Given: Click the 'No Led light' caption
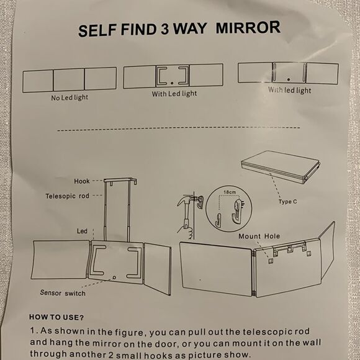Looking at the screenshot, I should coord(69,97).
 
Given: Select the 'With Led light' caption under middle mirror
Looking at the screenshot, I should coord(174,94).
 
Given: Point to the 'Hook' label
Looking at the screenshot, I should coord(82,181).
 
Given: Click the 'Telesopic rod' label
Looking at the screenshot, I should coord(68,196).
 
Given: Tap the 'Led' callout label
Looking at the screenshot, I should coord(82,231).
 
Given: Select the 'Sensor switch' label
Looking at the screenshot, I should coord(63,292).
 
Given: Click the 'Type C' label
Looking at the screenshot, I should coord(289,202).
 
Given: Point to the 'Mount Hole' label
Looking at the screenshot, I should coord(258,236).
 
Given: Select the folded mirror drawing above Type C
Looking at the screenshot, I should coord(280,168).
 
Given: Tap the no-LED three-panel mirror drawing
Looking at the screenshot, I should coord(69,80).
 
